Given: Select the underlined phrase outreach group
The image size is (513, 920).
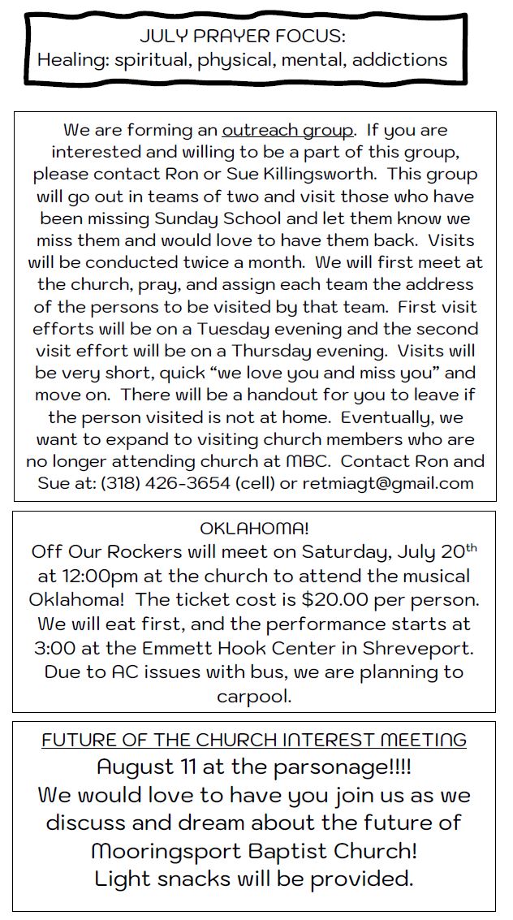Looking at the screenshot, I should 287,130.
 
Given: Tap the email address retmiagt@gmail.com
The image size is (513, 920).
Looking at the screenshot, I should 388,483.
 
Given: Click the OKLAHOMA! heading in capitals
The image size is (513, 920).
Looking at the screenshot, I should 254,529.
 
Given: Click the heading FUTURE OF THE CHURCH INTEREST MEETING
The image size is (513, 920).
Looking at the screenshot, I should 254,740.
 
